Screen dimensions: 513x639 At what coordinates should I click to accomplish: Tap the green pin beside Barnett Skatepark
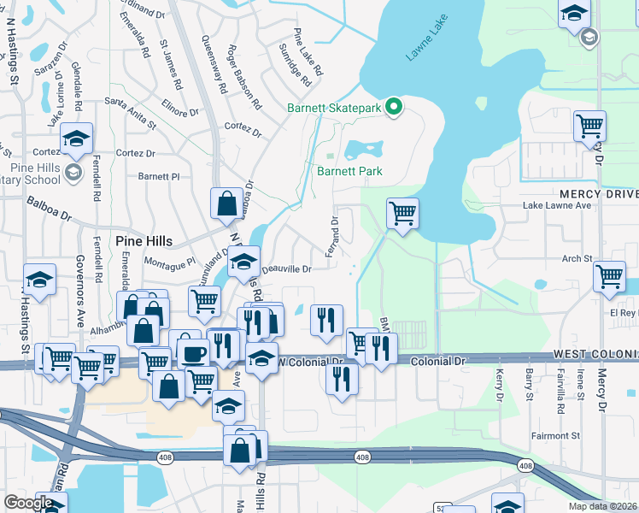coord(394,107)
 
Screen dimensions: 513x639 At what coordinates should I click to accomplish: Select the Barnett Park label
coord(349,171)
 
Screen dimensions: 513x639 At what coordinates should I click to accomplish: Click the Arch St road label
coord(577,258)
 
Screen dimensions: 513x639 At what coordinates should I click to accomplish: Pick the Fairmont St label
coord(575,436)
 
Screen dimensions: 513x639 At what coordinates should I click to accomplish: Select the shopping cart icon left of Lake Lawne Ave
coord(402,214)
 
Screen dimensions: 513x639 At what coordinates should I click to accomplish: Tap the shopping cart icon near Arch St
coord(610,277)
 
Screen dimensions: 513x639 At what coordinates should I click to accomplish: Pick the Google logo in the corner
coord(28,503)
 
